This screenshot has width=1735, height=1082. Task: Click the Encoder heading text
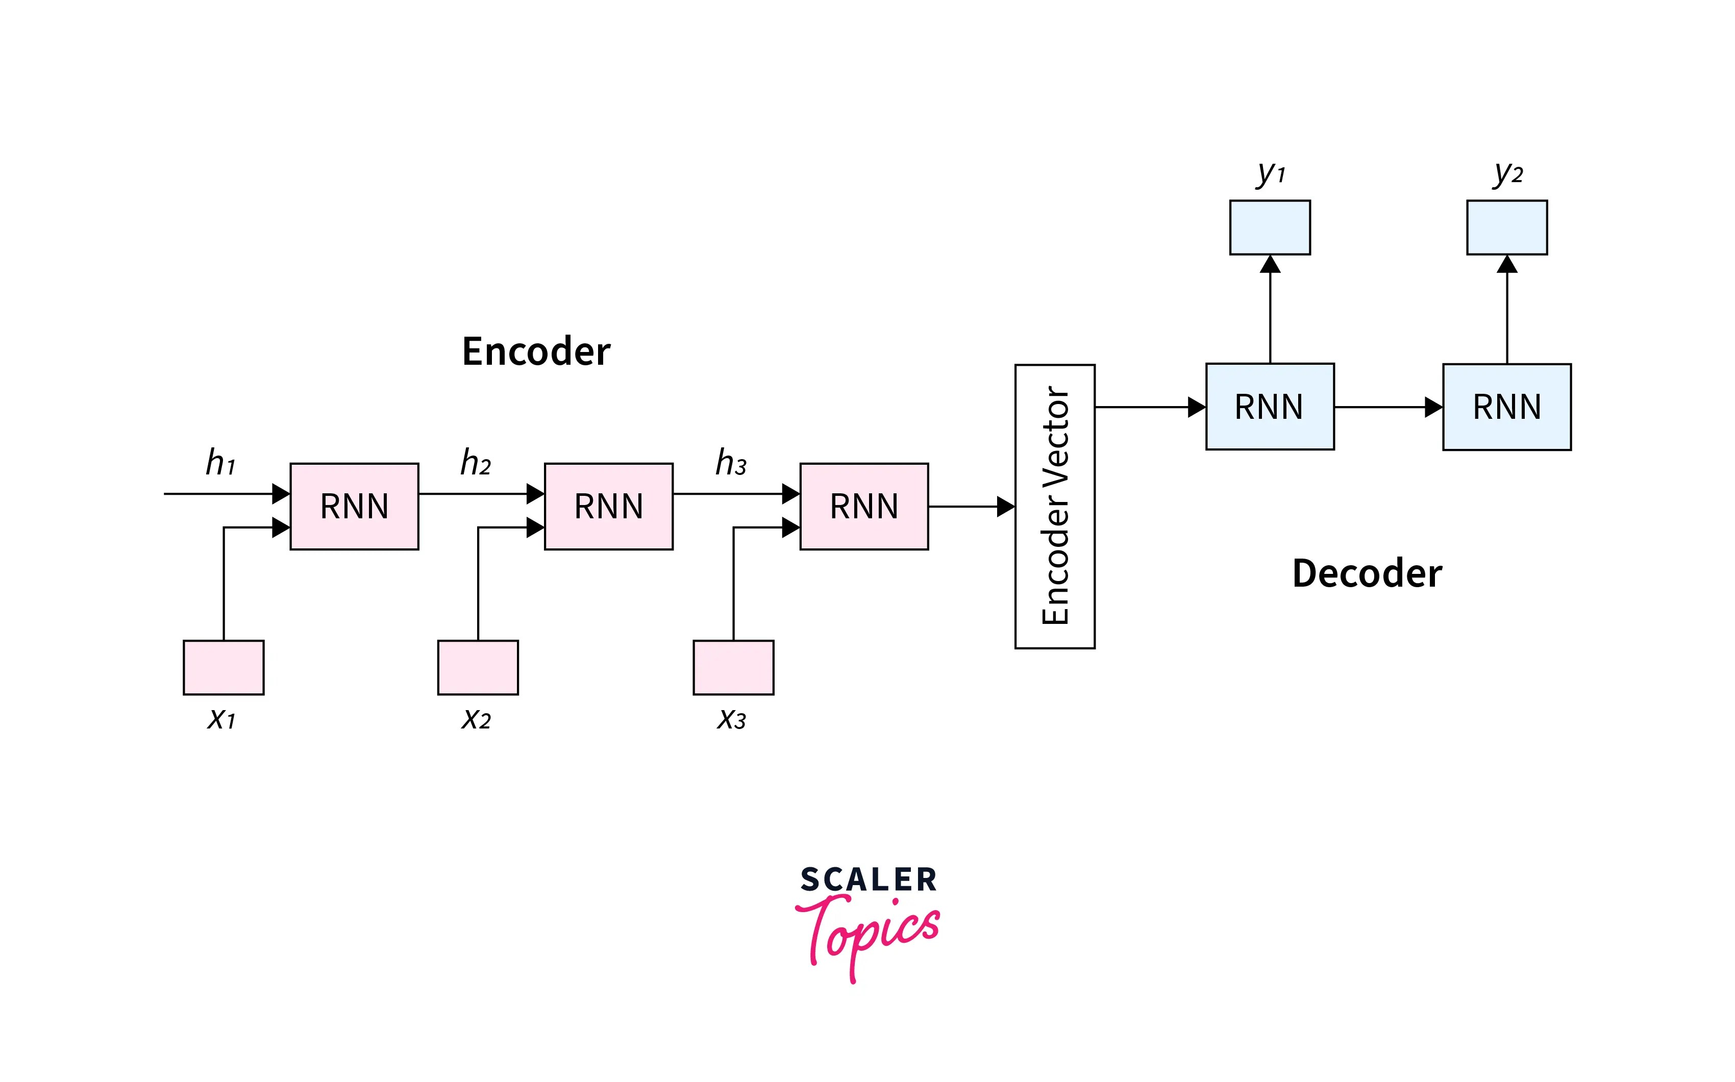tap(536, 351)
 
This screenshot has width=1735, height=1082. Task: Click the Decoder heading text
tap(1367, 574)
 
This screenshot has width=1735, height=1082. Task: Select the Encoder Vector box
tap(1054, 507)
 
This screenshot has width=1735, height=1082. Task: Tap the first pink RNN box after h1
tap(354, 507)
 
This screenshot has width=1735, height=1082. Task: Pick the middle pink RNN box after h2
tap(608, 507)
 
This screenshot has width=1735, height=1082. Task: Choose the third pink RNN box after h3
tap(864, 507)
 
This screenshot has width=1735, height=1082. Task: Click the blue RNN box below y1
tap(1270, 407)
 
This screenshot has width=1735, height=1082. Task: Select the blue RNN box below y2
tap(1507, 407)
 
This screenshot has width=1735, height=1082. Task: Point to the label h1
tap(220, 463)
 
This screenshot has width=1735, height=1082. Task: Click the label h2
tap(475, 463)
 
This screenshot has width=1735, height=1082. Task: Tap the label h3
tap(731, 463)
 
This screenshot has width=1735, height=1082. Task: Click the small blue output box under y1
tap(1270, 228)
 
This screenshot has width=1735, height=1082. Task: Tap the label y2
tap(1507, 173)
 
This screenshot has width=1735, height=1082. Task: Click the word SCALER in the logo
tap(868, 880)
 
